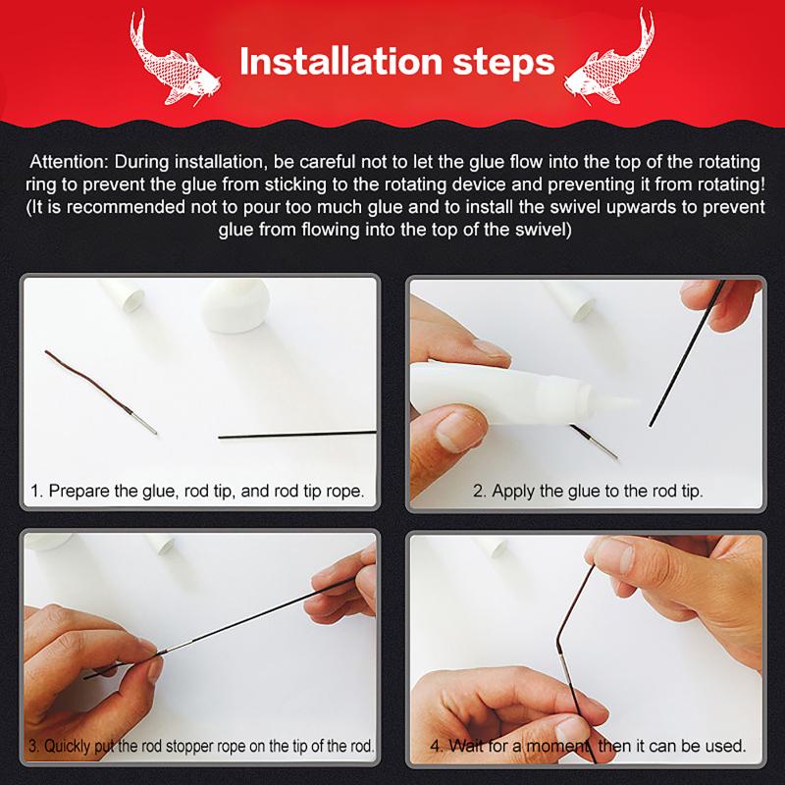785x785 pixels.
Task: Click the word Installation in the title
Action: [x=341, y=61]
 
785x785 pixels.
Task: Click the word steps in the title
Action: [x=504, y=64]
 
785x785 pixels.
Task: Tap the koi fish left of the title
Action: [x=173, y=58]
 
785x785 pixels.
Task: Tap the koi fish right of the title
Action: [x=609, y=58]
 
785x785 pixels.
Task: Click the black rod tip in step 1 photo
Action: [x=297, y=434]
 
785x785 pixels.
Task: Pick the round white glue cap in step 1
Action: [x=235, y=304]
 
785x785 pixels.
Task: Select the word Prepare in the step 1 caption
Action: [x=79, y=491]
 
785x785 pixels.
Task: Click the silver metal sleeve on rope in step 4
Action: [x=566, y=669]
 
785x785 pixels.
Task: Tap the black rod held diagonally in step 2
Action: [x=687, y=353]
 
